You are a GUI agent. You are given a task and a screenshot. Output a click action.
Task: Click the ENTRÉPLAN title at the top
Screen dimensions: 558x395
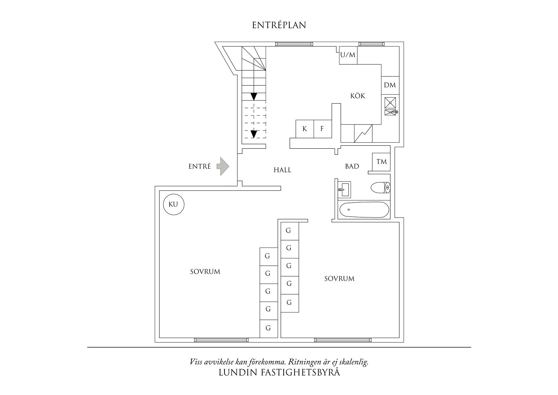tap(279, 25)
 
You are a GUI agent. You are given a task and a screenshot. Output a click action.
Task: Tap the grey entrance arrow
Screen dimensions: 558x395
tap(223, 166)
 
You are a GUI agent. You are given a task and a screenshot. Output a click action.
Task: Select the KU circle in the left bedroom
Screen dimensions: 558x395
tap(174, 205)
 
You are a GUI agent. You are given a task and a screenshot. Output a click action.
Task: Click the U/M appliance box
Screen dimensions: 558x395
tap(348, 55)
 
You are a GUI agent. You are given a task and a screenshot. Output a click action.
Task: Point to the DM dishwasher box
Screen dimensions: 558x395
tap(390, 85)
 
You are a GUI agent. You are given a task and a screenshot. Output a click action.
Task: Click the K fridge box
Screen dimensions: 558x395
tap(305, 129)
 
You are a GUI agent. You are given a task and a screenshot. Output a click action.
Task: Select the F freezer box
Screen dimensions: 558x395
tap(323, 129)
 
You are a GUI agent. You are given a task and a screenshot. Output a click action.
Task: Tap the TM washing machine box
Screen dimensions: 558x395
tap(381, 162)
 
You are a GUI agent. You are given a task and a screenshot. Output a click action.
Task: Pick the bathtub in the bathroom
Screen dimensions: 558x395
tap(364, 210)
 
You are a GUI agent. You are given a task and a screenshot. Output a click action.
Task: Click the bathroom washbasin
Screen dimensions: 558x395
tap(344, 190)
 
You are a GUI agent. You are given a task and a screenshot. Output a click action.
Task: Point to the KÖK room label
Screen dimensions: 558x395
tap(358, 96)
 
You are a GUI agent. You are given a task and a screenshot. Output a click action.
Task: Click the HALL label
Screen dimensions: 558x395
tap(282, 170)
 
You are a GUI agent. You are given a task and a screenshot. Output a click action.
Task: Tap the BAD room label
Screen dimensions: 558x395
tap(352, 166)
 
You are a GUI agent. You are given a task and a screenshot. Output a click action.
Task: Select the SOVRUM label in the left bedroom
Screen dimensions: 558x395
tap(205, 272)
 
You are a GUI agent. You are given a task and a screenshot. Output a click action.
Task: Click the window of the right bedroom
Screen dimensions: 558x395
tap(343, 340)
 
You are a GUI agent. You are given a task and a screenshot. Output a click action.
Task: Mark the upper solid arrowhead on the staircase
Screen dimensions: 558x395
tap(254, 96)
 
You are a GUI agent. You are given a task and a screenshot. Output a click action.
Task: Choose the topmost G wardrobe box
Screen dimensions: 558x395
tap(289, 231)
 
